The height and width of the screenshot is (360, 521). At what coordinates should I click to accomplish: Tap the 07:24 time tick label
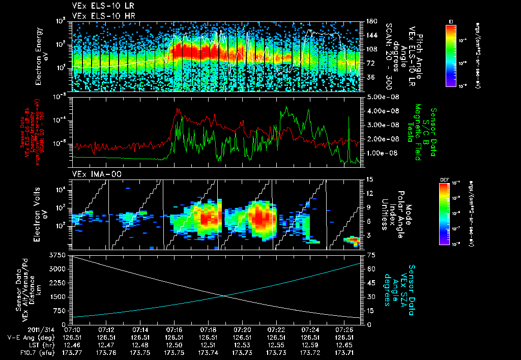coord(310,329)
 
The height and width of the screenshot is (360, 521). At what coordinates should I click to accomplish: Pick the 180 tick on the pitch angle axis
coord(367,21)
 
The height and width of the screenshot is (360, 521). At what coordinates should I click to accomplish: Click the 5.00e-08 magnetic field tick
coord(379,97)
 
